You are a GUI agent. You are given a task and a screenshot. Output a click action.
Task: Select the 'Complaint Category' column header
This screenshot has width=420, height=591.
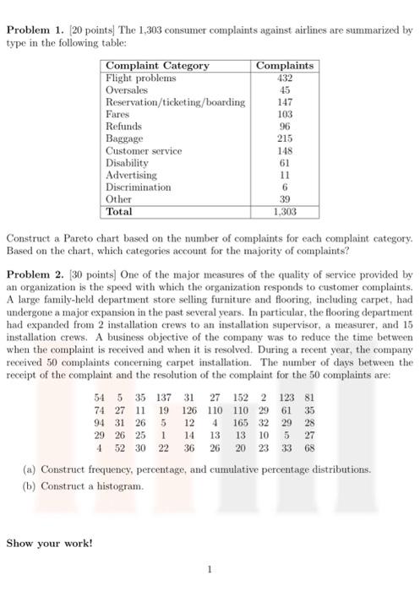tap(157, 66)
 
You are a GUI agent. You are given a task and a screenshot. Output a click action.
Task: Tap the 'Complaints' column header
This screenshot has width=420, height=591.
tap(285, 66)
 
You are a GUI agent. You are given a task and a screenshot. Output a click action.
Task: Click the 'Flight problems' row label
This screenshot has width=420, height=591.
tap(140, 78)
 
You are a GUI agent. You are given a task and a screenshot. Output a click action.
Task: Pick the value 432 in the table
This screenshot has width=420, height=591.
tap(285, 78)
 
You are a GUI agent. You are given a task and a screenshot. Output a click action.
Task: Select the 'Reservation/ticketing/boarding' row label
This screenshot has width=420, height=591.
tap(175, 101)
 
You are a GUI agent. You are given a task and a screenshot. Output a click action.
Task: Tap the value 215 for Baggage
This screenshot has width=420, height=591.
tap(285, 138)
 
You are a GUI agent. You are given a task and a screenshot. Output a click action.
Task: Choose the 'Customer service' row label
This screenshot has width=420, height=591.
tap(144, 150)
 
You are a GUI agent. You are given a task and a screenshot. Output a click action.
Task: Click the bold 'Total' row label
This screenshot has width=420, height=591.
tap(119, 212)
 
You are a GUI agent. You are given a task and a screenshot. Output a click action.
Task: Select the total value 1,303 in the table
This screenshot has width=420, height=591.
tap(285, 212)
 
